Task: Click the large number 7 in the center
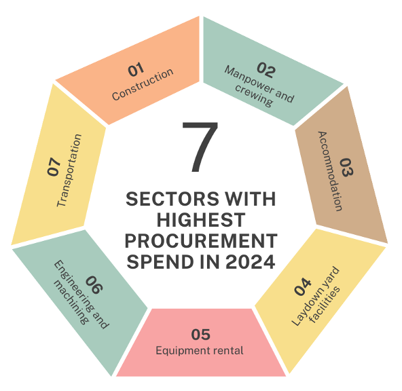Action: [200, 147]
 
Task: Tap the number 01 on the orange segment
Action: [136, 69]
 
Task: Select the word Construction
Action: [143, 83]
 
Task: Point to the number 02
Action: [266, 70]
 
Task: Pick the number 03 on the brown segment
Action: [346, 167]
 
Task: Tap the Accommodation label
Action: [330, 171]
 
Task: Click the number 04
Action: [303, 286]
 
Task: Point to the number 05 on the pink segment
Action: [201, 335]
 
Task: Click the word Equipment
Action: [178, 351]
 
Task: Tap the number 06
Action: [94, 284]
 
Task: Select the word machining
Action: [71, 303]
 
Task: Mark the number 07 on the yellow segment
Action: [54, 166]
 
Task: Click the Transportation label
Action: [69, 170]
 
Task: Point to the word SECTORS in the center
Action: [172, 199]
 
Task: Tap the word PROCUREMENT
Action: [201, 241]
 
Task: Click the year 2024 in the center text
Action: [251, 262]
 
